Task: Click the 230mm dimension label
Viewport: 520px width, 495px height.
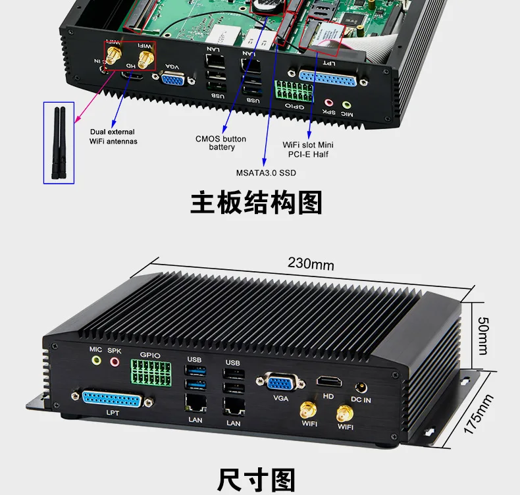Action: pos(311,264)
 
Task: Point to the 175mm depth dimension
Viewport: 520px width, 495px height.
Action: pos(479,414)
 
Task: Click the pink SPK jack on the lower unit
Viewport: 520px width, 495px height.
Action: pos(115,361)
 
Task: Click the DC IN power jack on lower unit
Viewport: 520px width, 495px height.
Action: pos(360,388)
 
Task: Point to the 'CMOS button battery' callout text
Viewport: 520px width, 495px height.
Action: pos(221,143)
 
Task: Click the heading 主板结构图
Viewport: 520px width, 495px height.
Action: pos(256,203)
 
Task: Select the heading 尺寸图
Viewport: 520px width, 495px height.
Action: pos(256,479)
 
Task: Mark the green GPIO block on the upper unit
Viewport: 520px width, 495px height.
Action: pos(289,90)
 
